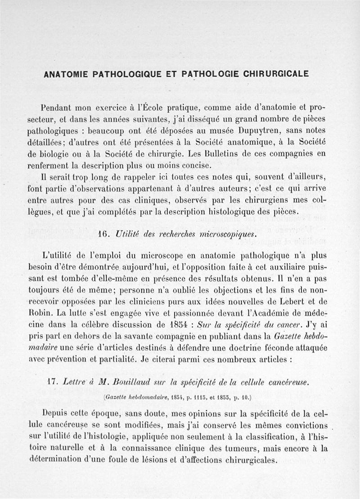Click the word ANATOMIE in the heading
[x=66, y=74]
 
